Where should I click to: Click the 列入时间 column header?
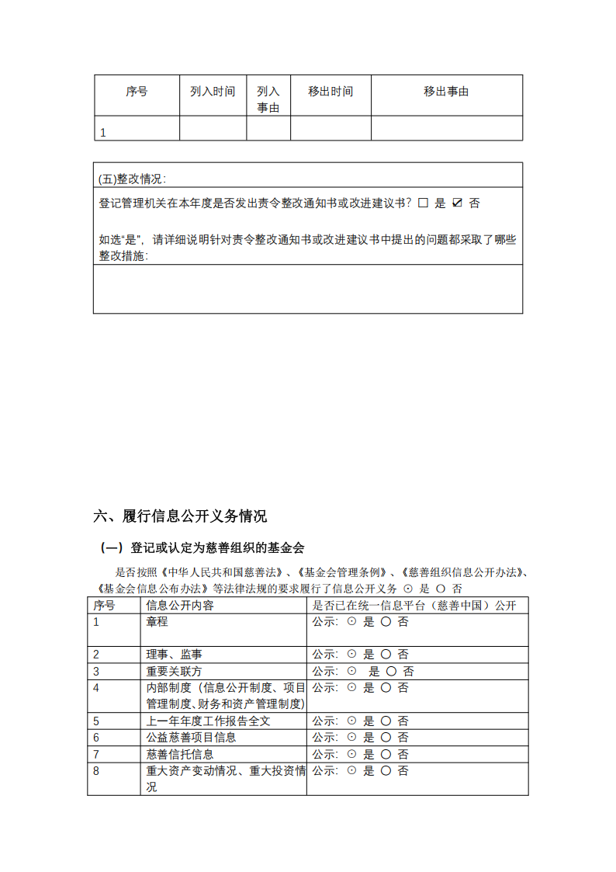coord(213,92)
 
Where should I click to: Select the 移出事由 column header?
coord(446,92)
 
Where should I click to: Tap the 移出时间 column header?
coord(330,92)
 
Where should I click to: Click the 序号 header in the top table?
coord(137,92)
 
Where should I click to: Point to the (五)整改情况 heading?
coord(132,179)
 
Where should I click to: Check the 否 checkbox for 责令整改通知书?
coord(457,203)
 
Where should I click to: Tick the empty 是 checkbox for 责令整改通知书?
coord(423,203)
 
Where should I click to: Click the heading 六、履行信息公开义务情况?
coord(180,516)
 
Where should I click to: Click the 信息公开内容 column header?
coord(180,606)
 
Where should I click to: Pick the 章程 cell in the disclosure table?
coord(157,622)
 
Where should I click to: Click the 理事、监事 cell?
coord(175,655)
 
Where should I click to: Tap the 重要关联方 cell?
coord(174,672)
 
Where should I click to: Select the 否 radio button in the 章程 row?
coord(386,622)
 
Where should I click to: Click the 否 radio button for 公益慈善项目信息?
coord(386,738)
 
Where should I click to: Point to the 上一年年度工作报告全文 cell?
coord(208,721)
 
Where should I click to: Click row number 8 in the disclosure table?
coord(96,771)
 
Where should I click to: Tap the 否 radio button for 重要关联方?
coord(391,672)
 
